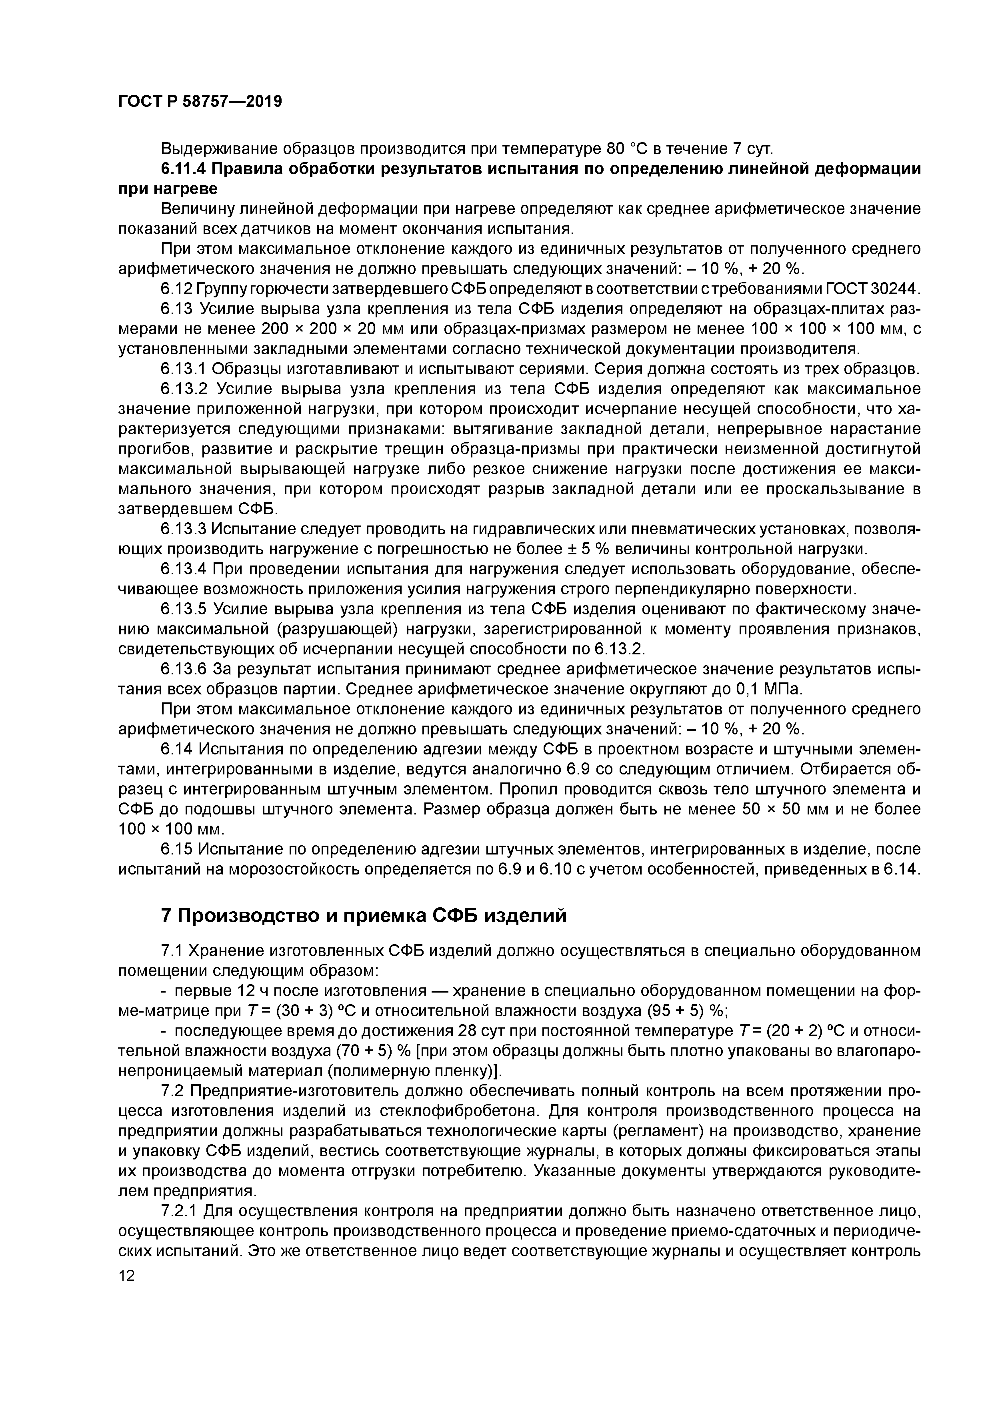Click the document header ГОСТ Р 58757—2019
pyautogui.click(x=200, y=102)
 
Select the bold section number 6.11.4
pyautogui.click(x=183, y=169)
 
